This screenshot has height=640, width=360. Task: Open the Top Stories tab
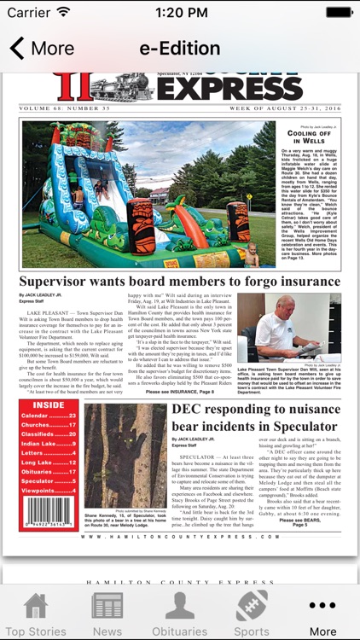pos(35,614)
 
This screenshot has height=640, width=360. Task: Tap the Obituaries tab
pos(179,614)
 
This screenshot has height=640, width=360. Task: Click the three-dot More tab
pos(322,614)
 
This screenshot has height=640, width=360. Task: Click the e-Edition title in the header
pos(180,48)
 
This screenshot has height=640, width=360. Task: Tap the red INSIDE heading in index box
pos(49,405)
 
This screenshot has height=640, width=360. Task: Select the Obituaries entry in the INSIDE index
pos(49,472)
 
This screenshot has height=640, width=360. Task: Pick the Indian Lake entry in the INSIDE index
pos(49,444)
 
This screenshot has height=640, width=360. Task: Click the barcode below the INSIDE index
pos(48,513)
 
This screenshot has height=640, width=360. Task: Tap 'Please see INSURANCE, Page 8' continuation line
pos(182,393)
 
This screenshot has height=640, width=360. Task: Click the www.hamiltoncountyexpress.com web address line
pos(180,537)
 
